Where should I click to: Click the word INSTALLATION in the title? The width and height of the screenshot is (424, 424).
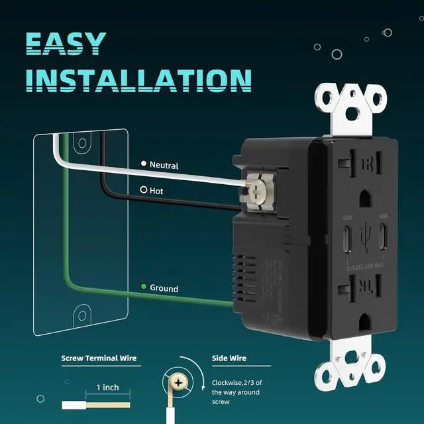pos(142,79)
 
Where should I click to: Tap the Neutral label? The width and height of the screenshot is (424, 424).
pos(164,165)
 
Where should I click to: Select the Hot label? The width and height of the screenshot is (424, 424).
pos(156,190)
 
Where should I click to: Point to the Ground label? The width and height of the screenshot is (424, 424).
pos(164,289)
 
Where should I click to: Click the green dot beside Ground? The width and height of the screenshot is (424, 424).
pos(143,288)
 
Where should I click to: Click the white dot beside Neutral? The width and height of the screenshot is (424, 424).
pos(143,164)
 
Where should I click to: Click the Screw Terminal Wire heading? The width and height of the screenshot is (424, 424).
pos(99,358)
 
